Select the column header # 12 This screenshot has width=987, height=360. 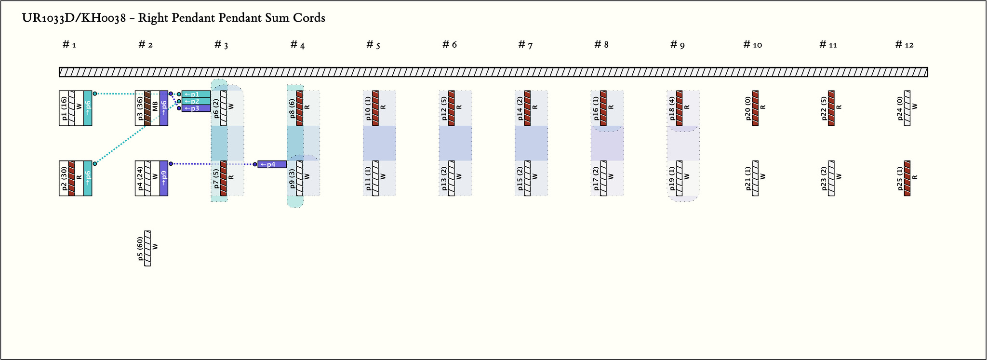[x=904, y=45]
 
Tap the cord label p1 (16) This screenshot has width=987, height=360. [x=65, y=108]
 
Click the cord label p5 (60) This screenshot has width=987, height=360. [x=140, y=249]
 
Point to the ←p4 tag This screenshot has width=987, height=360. [x=272, y=164]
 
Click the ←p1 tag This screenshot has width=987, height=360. [x=196, y=94]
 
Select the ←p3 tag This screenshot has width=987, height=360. [x=196, y=108]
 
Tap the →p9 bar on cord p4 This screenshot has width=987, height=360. [x=164, y=178]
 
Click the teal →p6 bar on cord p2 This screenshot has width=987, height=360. [x=88, y=178]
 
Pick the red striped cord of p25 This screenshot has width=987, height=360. [x=907, y=178]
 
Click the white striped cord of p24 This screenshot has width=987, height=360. [x=907, y=108]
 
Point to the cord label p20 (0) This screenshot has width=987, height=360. [x=748, y=108]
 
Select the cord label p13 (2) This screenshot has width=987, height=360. [x=444, y=178]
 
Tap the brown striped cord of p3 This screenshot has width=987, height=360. [x=147, y=108]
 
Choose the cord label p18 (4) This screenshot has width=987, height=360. [x=672, y=108]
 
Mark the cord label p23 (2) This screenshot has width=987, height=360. [x=824, y=178]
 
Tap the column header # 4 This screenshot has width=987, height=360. [x=297, y=45]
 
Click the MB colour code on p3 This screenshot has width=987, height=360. [x=155, y=108]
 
